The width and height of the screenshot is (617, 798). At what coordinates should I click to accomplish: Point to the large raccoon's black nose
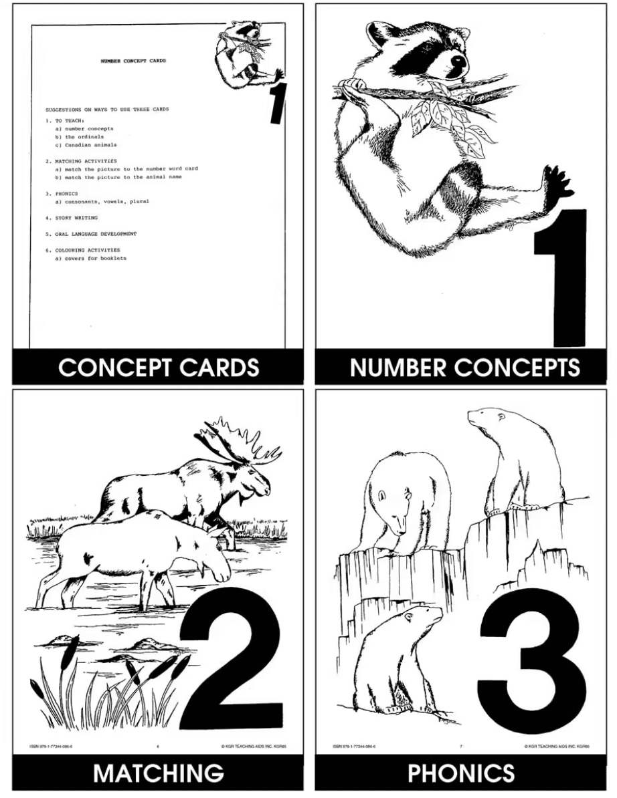pyautogui.click(x=457, y=62)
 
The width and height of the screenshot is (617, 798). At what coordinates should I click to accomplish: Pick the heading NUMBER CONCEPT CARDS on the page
pyautogui.click(x=133, y=61)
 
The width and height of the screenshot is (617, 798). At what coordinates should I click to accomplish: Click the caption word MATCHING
pyautogui.click(x=158, y=773)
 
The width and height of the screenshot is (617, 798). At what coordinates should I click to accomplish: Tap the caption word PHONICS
pyautogui.click(x=461, y=773)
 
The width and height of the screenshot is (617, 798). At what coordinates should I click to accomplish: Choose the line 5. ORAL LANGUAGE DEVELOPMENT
pyautogui.click(x=91, y=234)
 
